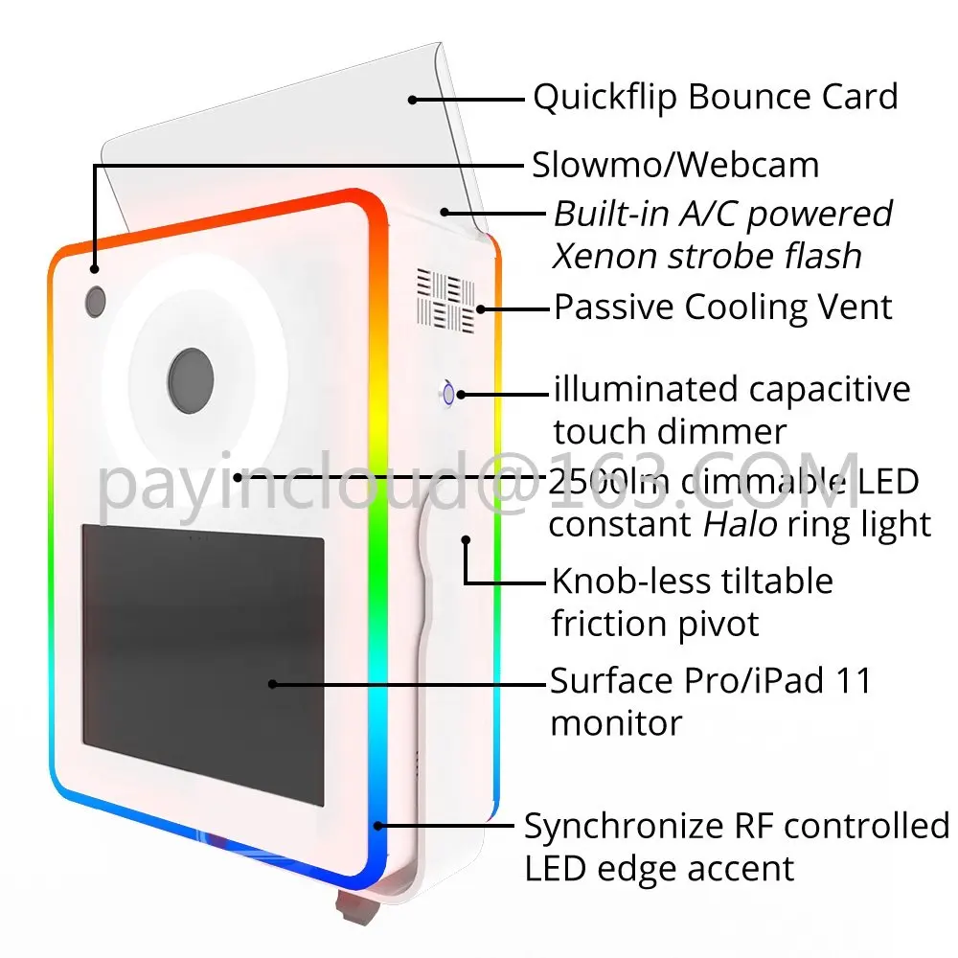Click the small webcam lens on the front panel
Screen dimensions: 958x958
(x=96, y=301)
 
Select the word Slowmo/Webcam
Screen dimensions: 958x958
(x=675, y=165)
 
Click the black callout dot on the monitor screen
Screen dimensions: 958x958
(x=273, y=684)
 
